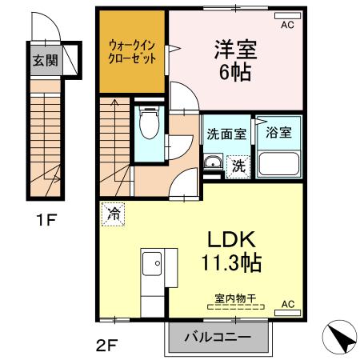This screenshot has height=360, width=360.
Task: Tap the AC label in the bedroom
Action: tap(286, 25)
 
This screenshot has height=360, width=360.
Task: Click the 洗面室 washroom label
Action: tap(226, 134)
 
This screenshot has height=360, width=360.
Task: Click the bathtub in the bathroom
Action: tap(279, 164)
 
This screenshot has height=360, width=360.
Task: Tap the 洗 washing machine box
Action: tap(238, 166)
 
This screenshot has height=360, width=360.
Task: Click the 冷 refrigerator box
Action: tap(113, 214)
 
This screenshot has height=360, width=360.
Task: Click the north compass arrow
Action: tap(340, 337)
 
